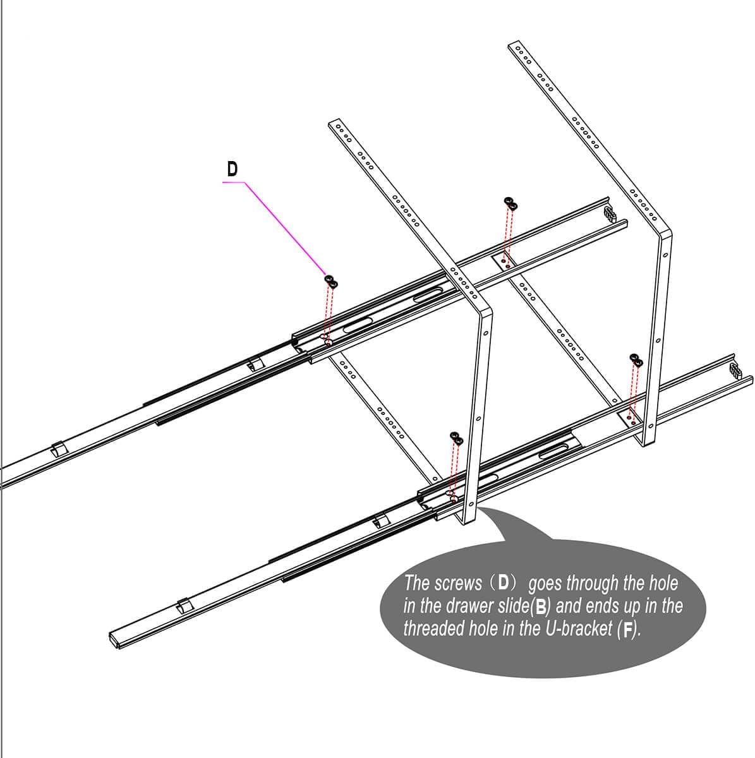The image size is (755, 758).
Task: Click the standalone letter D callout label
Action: pos(233,169)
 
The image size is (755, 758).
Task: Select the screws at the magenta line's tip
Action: pos(331,281)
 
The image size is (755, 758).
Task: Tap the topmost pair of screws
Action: pos(510,203)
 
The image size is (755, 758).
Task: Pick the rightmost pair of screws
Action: pos(636,359)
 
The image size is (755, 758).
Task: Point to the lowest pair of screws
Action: pos(456,438)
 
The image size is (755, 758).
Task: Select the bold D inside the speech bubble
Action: pos(504,582)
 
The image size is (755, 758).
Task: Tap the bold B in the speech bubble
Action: pos(541,607)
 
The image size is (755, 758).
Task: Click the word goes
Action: pos(545,584)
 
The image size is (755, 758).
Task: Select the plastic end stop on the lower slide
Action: pos(735,371)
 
